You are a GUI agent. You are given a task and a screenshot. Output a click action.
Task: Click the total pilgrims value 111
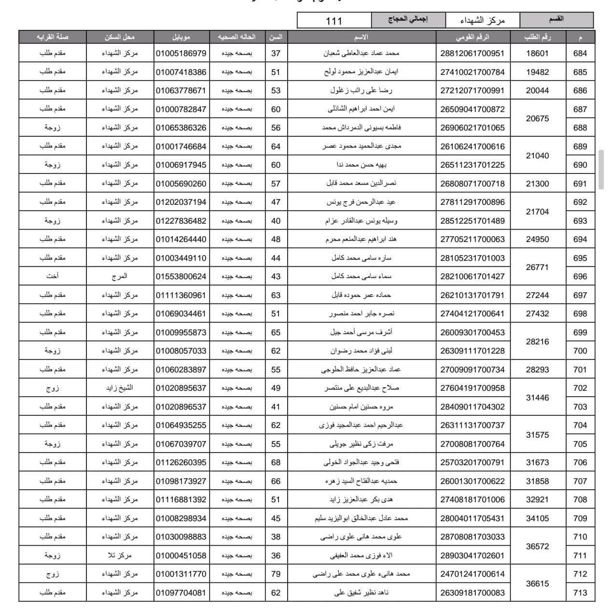coord(334,21)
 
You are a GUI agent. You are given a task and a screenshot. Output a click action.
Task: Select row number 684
coord(580,54)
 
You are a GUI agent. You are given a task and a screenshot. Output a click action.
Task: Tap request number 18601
coord(537,54)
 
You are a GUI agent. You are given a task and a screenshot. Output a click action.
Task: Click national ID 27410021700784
coord(472,72)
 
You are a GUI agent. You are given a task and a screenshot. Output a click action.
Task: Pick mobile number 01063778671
coord(181,91)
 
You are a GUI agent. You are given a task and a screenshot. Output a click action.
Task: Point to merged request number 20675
coord(537,118)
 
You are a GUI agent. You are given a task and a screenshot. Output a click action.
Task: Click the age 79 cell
coord(276,574)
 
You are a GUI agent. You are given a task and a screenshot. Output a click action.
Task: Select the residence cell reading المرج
coord(120,276)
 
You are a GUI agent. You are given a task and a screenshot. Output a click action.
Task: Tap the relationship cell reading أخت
coord(52,276)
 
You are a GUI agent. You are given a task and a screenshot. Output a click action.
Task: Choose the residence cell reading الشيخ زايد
coord(120,388)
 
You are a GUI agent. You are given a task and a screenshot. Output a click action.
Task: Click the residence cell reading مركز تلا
coord(120,555)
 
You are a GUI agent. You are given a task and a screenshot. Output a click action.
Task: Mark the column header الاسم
coord(361,37)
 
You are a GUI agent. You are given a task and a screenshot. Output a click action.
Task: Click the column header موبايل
coord(181,37)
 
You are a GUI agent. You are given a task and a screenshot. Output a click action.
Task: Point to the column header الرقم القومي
coord(472,37)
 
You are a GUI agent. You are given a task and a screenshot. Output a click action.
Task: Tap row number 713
coord(580,593)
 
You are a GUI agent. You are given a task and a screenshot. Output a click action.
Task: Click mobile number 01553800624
coord(181,276)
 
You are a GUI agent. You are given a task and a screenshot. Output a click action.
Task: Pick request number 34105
coord(537,518)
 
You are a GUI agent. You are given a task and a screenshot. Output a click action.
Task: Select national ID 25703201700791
coord(472,462)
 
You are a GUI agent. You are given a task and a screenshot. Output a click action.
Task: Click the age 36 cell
coord(276,555)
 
